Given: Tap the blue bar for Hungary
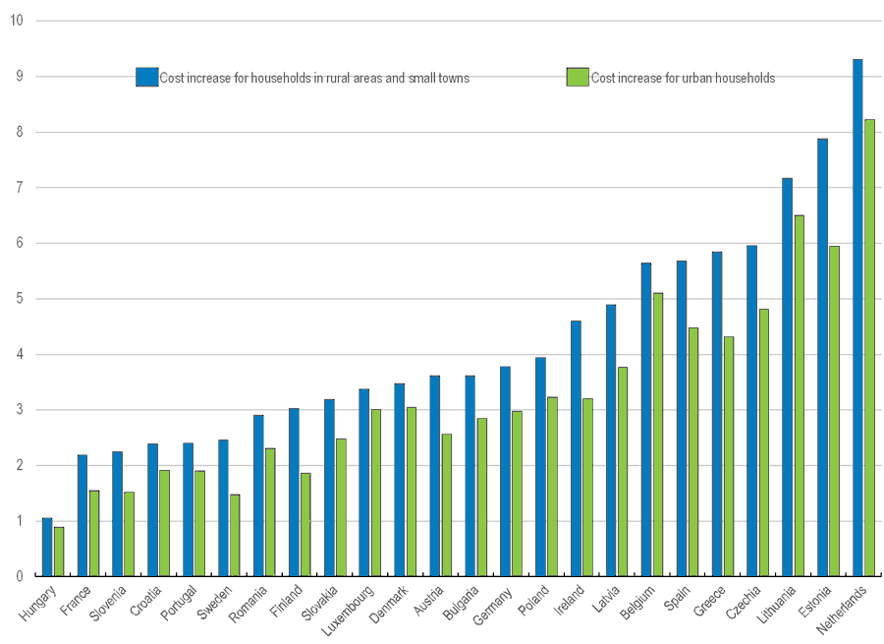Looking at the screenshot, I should [x=47, y=547].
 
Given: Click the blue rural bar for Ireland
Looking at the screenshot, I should [x=576, y=448].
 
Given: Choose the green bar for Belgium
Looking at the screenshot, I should [x=658, y=434].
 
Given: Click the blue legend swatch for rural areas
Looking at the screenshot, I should [x=146, y=78].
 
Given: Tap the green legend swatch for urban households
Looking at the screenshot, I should [x=578, y=78].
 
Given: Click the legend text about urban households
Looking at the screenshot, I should [x=683, y=79].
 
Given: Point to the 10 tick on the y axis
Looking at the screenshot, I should [x=17, y=21].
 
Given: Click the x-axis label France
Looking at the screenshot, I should [x=75, y=599].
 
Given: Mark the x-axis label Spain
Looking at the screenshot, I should [x=676, y=597].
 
